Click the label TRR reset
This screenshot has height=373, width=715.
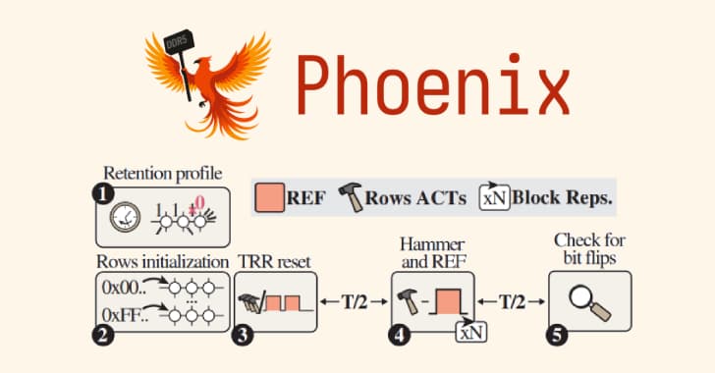point(274,262)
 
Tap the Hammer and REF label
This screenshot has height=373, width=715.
point(431,249)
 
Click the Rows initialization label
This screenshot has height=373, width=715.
point(162,262)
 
